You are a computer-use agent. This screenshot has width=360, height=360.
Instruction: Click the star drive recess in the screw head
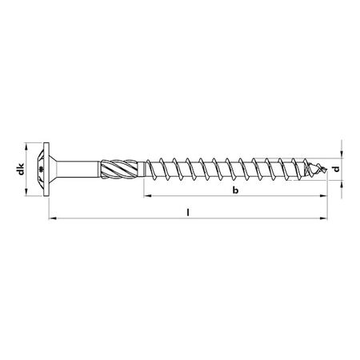tap(42, 170)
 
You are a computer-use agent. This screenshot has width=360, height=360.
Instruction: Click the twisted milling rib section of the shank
tap(118, 170)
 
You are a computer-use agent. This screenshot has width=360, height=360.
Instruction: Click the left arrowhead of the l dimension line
tap(52, 217)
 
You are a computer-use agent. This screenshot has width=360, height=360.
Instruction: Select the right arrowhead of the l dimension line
tap(325, 217)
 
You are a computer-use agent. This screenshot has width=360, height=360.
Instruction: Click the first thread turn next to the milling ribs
tap(150, 170)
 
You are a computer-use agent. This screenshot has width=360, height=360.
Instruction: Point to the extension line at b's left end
tap(143, 189)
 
